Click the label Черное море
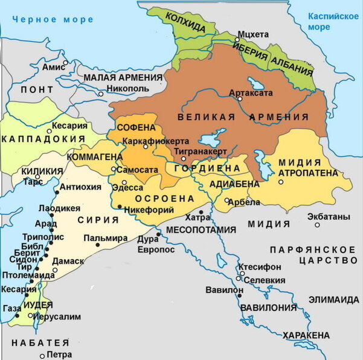coord(54,19)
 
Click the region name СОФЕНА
coord(136,128)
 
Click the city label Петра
coord(59,355)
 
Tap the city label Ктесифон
coord(260,266)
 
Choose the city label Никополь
coord(127,88)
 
